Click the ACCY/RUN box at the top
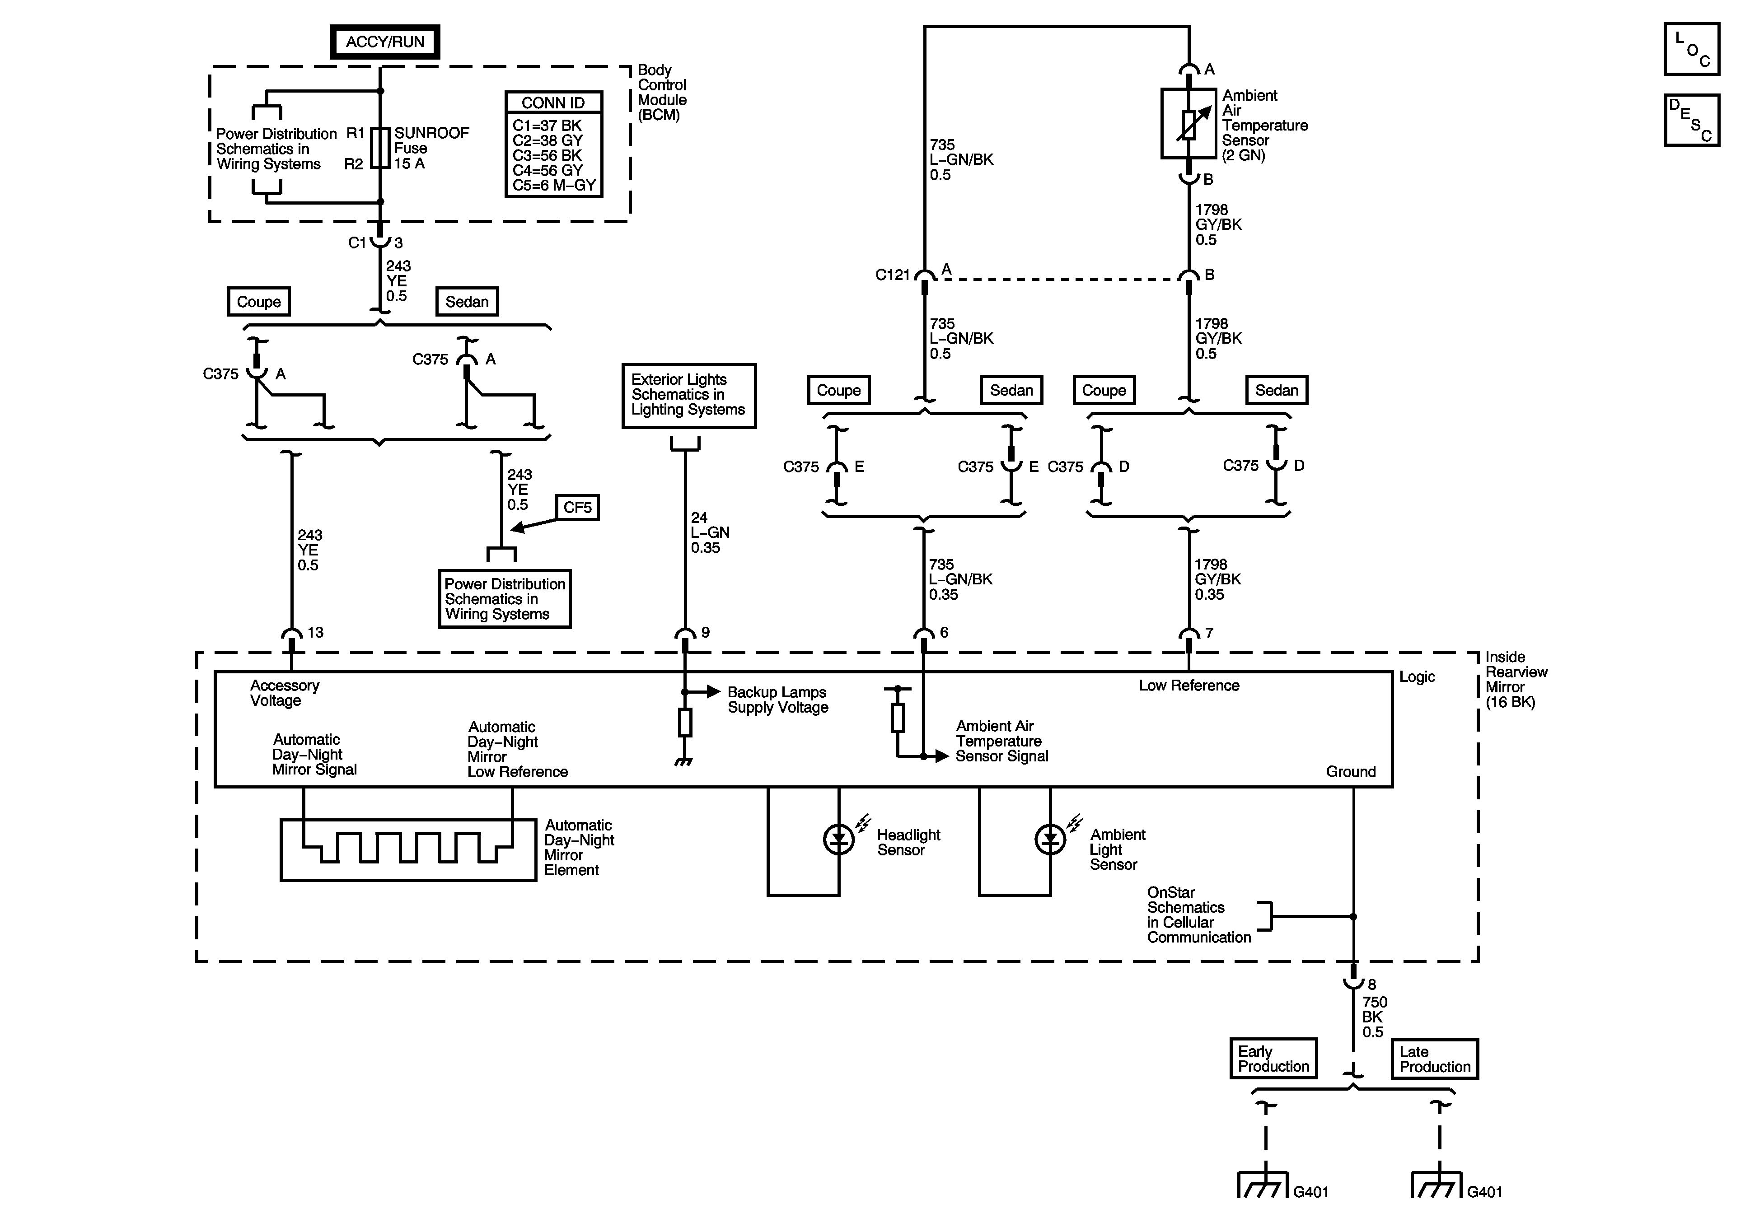pyautogui.click(x=385, y=42)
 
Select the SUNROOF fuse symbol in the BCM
pyautogui.click(x=380, y=148)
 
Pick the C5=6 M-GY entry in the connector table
pyautogui.click(x=554, y=185)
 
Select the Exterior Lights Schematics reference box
pyautogui.click(x=689, y=396)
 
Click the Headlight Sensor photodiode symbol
pyautogui.click(x=839, y=839)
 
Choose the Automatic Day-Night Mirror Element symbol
pyautogui.click(x=408, y=850)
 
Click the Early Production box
pyautogui.click(x=1273, y=1059)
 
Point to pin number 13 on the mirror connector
pyautogui.click(x=316, y=633)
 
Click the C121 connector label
pyautogui.click(x=893, y=275)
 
